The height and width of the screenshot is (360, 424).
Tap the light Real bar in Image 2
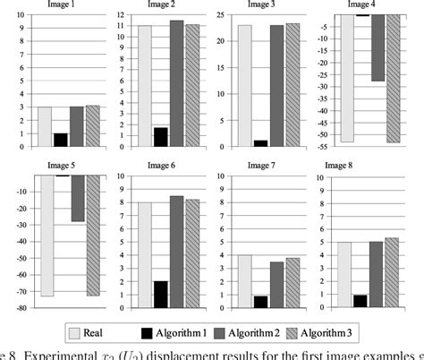(x=145, y=86)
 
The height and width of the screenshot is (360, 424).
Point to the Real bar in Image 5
(x=46, y=236)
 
